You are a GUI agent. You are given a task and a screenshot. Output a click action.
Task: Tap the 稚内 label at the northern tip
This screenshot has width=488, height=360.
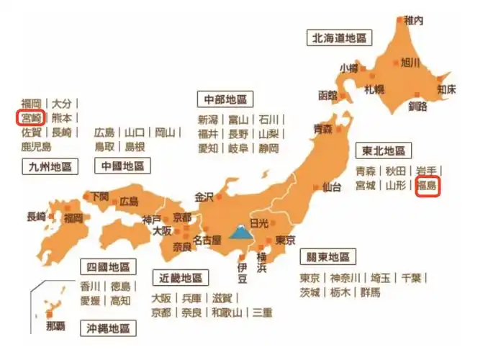[414, 21]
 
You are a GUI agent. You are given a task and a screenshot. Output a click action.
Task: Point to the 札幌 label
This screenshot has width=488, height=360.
[374, 90]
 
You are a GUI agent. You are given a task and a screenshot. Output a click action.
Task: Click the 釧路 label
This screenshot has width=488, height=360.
[417, 106]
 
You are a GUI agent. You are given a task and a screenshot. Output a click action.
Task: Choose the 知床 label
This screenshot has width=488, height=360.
[446, 90]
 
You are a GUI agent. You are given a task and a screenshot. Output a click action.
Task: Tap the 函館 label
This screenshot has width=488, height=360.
[327, 95]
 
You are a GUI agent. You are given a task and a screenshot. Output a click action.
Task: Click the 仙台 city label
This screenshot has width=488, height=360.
[332, 187]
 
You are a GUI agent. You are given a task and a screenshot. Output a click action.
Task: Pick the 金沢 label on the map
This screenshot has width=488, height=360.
[204, 196]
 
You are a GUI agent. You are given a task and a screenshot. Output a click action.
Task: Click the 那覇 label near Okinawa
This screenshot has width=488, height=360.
[55, 326]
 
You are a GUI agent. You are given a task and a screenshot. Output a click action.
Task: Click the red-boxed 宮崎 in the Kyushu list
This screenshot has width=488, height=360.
[31, 117]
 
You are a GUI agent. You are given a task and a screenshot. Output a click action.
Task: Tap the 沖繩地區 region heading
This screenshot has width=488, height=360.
[108, 328]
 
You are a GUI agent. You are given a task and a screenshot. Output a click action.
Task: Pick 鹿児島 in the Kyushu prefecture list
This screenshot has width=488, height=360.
[36, 147]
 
